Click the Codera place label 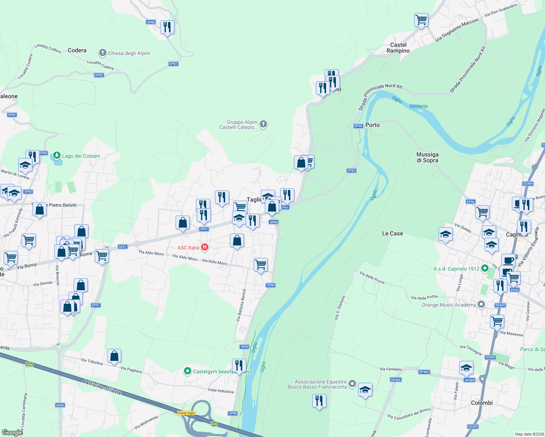(77, 50)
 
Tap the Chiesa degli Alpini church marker (103, 53)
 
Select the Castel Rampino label (398, 48)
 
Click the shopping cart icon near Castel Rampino (421, 20)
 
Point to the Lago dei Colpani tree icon (56, 156)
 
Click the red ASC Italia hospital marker (205, 248)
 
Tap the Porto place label (372, 125)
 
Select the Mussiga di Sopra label (427, 157)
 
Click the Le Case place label (392, 233)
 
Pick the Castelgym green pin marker (188, 371)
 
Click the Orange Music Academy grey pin (481, 305)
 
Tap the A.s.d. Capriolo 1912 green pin (485, 269)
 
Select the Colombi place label (482, 403)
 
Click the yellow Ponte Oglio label (186, 413)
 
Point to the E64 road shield (29, 364)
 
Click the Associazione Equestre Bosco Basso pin (352, 384)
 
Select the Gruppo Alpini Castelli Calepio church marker (263, 125)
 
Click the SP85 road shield (60, 405)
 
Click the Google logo (12, 432)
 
